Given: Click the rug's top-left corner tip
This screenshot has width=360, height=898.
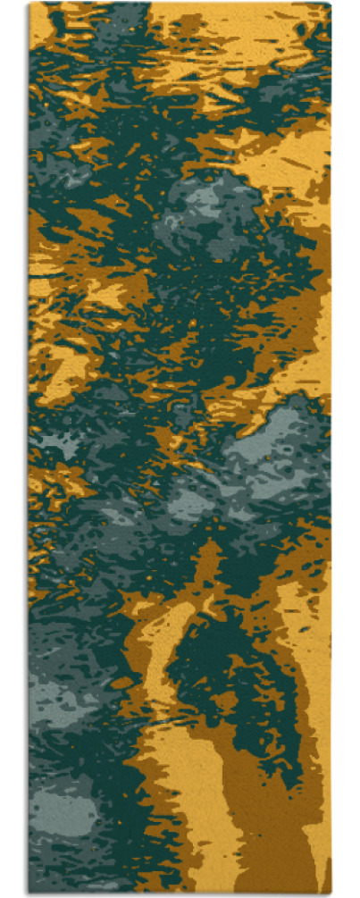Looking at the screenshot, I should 29,4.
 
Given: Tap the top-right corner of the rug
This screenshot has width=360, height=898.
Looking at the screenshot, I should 331,4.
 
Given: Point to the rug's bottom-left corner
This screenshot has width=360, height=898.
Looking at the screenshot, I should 29,894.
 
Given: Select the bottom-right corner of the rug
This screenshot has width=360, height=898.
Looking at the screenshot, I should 331,894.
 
